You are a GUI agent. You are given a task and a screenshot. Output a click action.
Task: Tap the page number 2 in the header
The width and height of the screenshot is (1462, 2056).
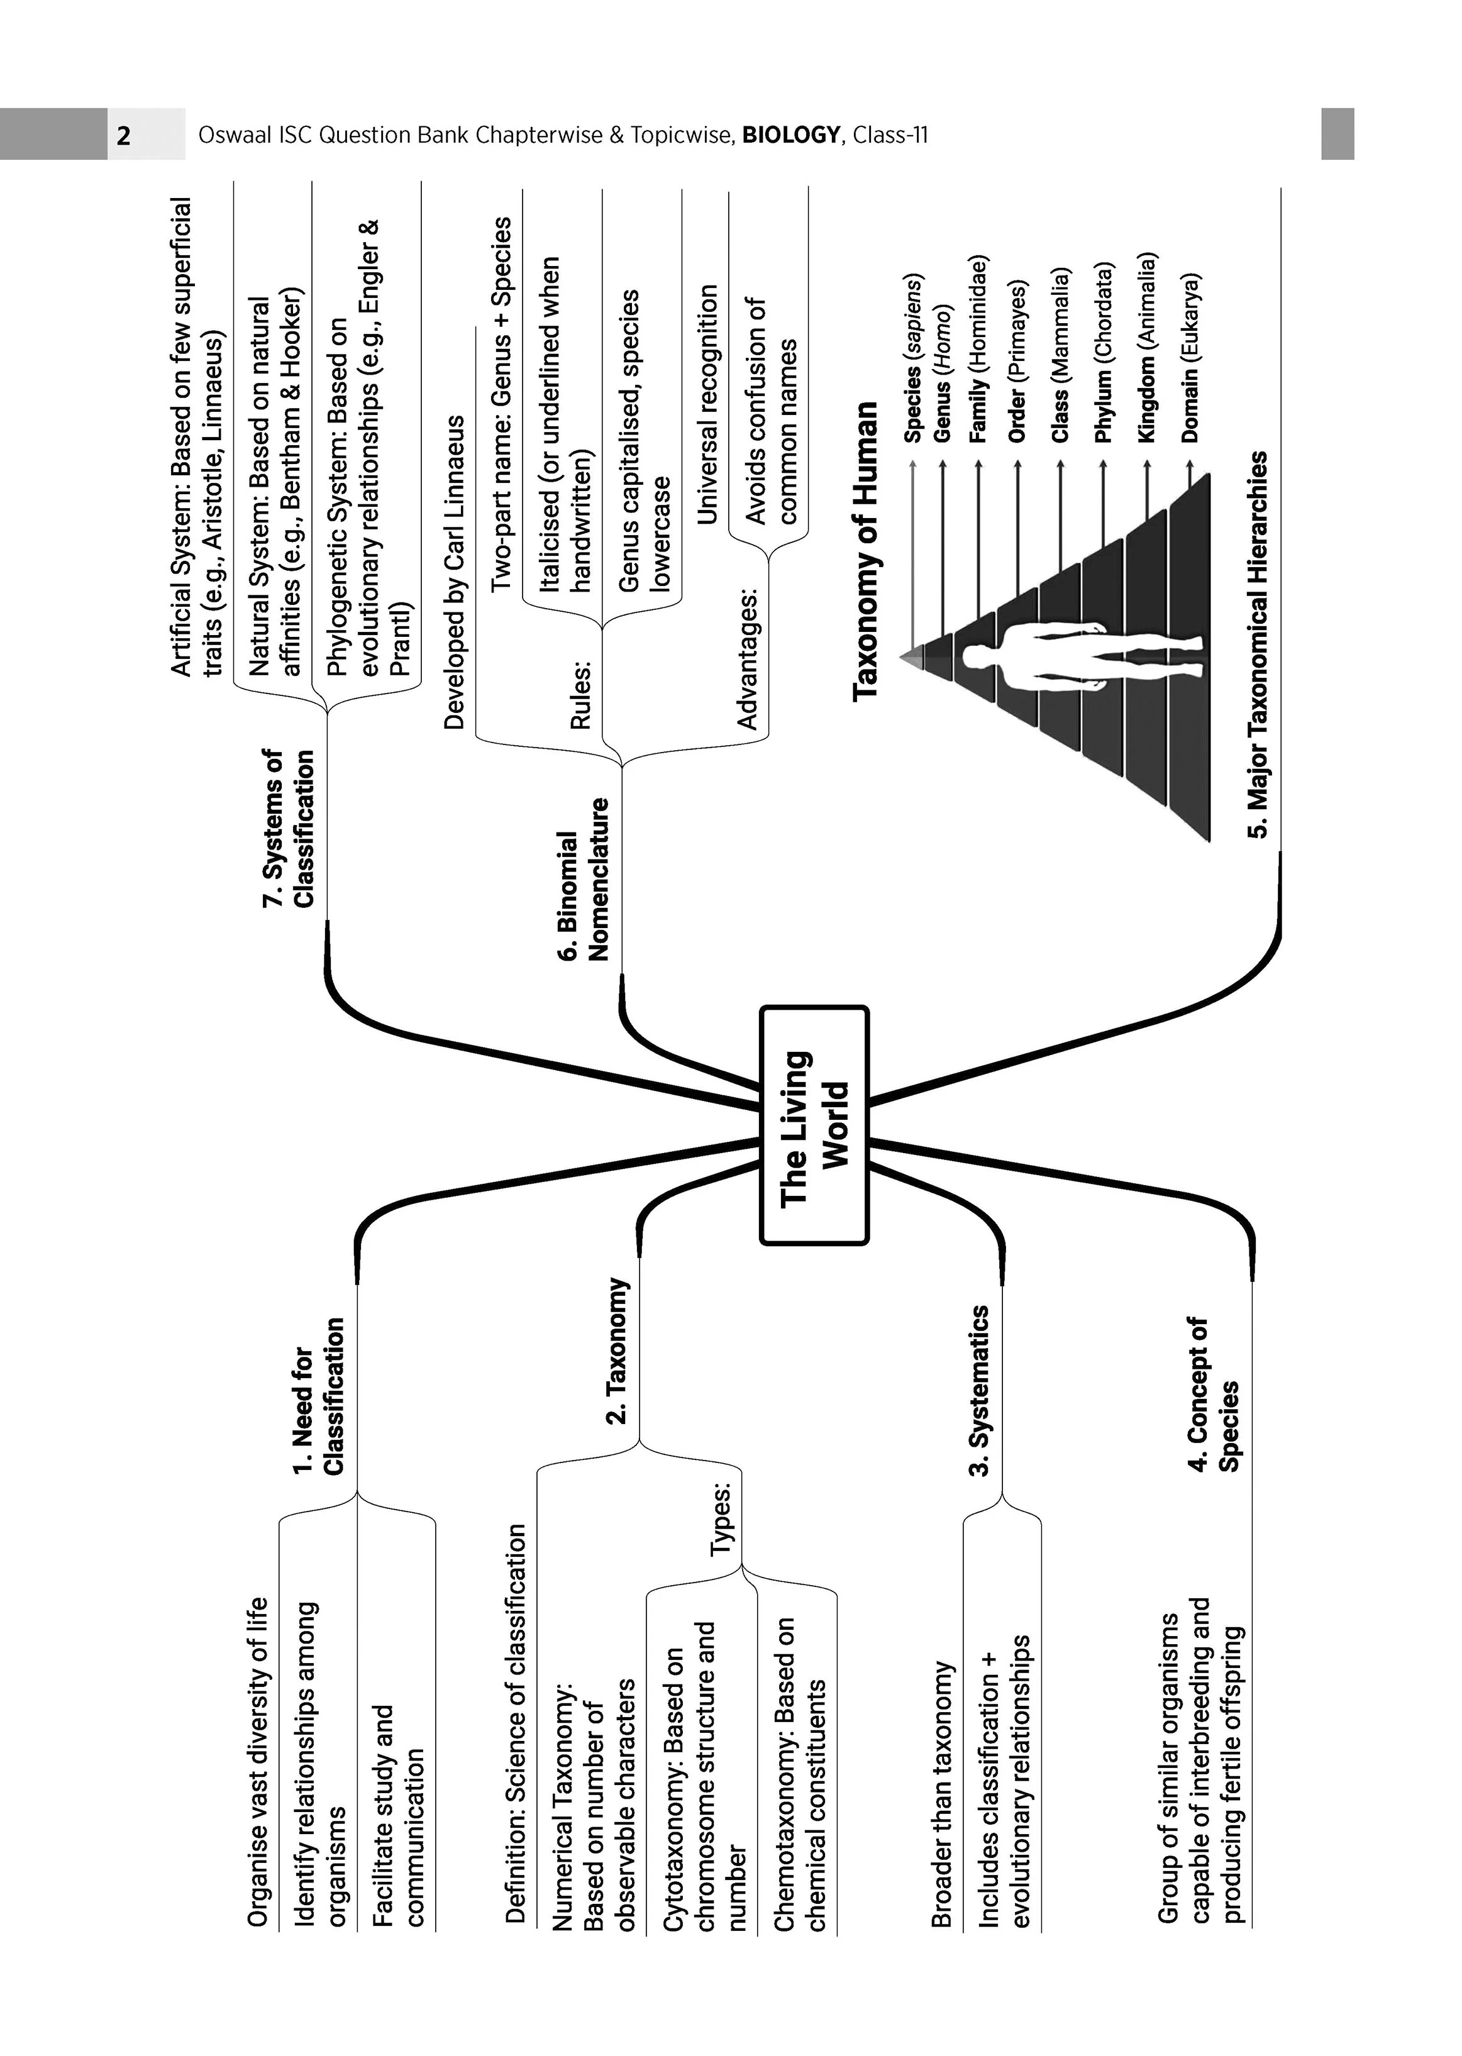point(123,136)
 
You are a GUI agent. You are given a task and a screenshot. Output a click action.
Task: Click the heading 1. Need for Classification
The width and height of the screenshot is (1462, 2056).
point(319,1396)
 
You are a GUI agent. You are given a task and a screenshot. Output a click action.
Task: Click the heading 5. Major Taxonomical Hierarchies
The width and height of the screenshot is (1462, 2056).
point(1258,644)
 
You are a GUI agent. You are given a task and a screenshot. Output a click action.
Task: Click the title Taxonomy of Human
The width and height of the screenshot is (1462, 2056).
point(865,551)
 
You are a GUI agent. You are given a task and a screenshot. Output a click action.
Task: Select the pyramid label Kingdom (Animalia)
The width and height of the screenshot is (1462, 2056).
point(1146,348)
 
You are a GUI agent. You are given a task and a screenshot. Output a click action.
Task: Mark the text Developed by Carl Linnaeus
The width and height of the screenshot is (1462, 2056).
point(455,573)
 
